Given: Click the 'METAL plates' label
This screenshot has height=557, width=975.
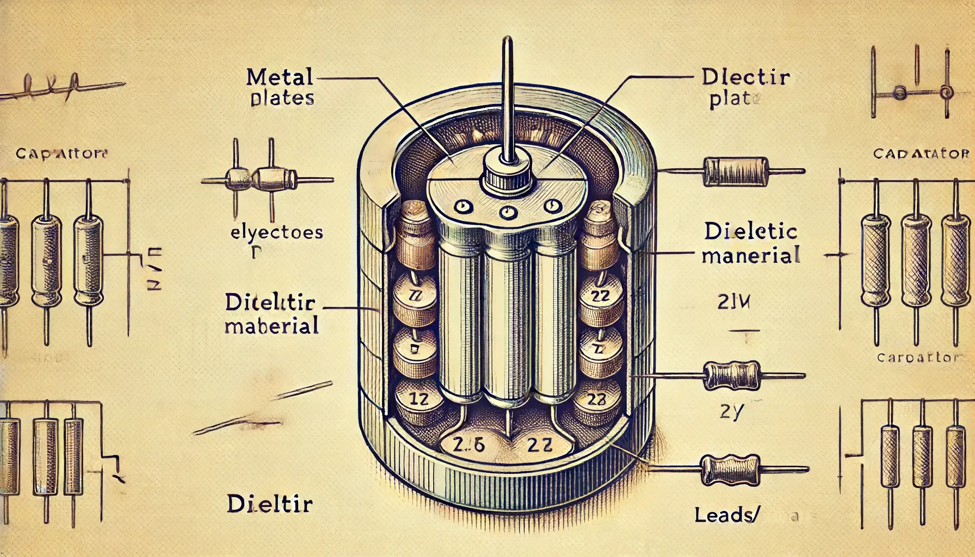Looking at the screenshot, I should pyautogui.click(x=280, y=88).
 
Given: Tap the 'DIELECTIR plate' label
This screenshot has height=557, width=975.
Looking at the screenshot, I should pyautogui.click(x=745, y=89).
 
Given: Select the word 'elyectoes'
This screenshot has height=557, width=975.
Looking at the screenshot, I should pyautogui.click(x=276, y=233).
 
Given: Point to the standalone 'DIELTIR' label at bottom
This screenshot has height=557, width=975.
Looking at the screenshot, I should pyautogui.click(x=269, y=504).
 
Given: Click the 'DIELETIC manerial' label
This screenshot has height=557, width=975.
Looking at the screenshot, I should pyautogui.click(x=751, y=244).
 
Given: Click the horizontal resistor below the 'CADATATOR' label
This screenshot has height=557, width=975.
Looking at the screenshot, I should pyautogui.click(x=738, y=171).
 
